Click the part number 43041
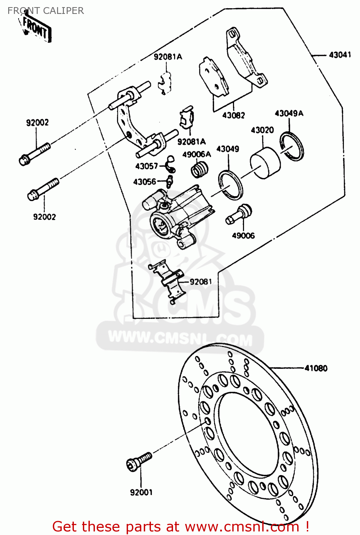(340, 55)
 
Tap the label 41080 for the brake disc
(316, 368)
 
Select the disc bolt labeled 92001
(139, 462)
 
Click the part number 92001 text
(141, 493)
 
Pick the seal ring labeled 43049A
(292, 146)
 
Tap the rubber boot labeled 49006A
(200, 169)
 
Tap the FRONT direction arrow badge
(35, 29)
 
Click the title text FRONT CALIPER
(46, 11)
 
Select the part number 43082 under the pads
(234, 115)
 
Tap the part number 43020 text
(262, 130)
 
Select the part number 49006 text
(243, 236)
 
